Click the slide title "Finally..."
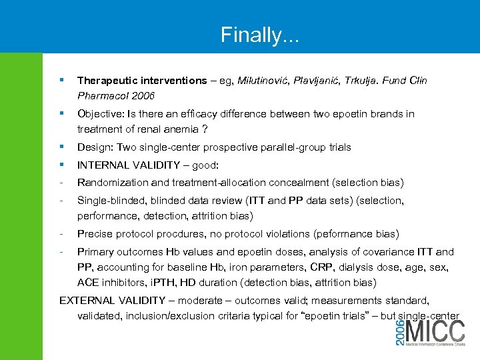(260, 34)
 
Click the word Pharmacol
(103, 96)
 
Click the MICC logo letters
(437, 334)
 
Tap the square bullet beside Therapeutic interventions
(61, 80)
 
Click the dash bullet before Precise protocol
(61, 234)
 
